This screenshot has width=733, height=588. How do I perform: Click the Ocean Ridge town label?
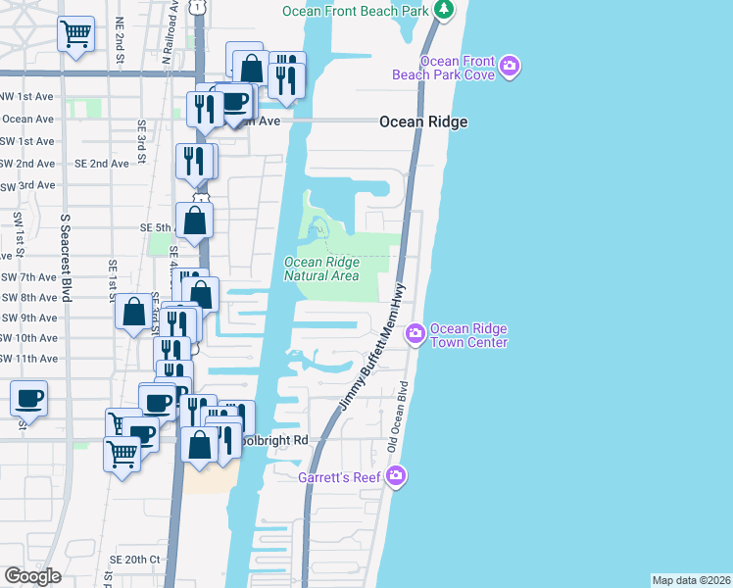tap(423, 122)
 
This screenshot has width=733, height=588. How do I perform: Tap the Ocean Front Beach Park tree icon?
tap(444, 11)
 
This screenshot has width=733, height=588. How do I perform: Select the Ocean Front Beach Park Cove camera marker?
tap(509, 67)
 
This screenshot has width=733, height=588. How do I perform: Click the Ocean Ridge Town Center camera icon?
tap(415, 335)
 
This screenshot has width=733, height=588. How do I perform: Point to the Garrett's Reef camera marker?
tap(396, 476)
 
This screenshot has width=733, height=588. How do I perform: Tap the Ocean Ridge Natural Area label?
tap(321, 269)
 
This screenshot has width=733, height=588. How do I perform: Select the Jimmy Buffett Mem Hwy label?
tap(372, 348)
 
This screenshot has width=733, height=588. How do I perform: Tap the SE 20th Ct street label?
tap(134, 559)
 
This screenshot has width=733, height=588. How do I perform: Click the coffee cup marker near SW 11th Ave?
tap(29, 398)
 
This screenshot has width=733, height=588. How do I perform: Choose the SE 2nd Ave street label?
tap(102, 164)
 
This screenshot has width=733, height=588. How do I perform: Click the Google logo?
tap(32, 575)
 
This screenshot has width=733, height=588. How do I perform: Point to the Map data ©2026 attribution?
tap(690, 580)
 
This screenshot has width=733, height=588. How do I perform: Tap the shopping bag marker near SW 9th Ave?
tap(133, 313)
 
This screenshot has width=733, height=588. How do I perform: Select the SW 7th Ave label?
tap(28, 277)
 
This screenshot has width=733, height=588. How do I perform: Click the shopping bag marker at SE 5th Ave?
tap(195, 220)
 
